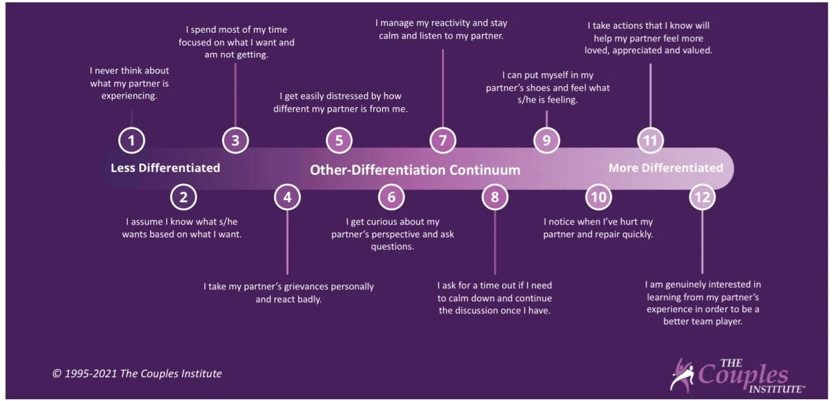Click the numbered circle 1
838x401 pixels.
tap(131, 141)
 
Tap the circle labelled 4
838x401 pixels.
tap(287, 197)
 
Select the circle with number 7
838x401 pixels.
tap(443, 141)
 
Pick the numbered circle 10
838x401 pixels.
tap(598, 197)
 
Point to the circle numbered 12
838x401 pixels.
tap(702, 197)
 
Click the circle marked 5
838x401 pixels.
tap(339, 141)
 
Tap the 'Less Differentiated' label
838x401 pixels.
tap(165, 168)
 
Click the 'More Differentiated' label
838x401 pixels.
tap(665, 168)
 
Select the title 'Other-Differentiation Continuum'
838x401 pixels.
tap(415, 170)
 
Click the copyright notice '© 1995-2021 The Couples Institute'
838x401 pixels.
tap(137, 374)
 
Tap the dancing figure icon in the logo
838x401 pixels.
tap(681, 375)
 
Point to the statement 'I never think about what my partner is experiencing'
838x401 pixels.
tap(129, 83)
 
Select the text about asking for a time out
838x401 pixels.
tap(495, 298)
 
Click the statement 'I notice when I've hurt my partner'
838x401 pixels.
tap(598, 228)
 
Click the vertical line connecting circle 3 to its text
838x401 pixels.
tap(235, 95)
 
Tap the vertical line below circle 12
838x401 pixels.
tap(702, 242)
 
